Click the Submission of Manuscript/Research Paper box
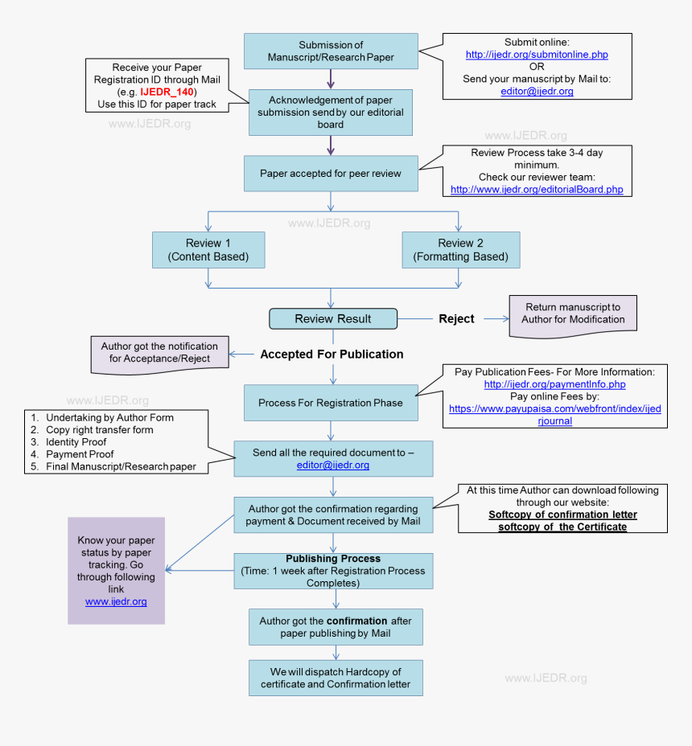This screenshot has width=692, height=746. (x=331, y=51)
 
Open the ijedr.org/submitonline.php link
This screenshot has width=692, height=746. (x=537, y=55)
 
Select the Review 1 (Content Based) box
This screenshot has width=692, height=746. (x=208, y=250)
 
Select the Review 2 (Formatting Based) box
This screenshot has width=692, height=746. (x=460, y=250)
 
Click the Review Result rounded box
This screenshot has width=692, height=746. (x=332, y=318)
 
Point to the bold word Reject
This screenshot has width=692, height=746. (x=456, y=318)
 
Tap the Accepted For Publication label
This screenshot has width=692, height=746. (x=332, y=354)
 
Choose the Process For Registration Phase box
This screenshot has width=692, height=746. (x=331, y=403)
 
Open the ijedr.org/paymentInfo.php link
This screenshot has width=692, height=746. (x=554, y=384)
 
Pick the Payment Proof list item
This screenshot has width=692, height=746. (x=80, y=454)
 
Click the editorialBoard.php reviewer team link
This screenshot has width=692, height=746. (x=536, y=190)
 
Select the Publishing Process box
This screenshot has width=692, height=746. (x=333, y=571)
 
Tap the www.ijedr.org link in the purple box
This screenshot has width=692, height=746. (x=116, y=601)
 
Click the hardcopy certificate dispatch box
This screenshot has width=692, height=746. (x=335, y=678)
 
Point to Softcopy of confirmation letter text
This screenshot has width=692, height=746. (x=562, y=514)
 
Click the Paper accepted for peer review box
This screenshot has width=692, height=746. (x=331, y=173)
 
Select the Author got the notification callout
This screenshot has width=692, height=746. (x=159, y=352)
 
